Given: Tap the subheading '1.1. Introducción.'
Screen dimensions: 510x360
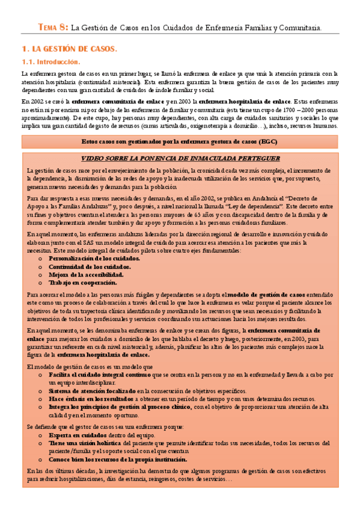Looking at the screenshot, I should [52, 61].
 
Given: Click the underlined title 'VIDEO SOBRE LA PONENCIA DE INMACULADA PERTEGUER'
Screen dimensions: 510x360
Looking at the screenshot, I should [180, 159].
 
